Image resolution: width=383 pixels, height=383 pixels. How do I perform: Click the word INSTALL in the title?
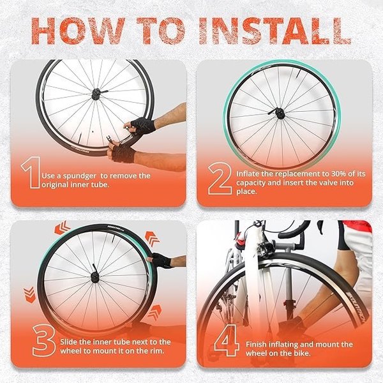(275, 31)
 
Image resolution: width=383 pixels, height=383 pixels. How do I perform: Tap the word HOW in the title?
(78, 31)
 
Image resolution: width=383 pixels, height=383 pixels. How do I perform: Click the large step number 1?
(31, 172)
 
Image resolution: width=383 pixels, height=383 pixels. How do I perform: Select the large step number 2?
(220, 179)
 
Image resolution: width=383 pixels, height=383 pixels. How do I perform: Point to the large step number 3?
(44, 340)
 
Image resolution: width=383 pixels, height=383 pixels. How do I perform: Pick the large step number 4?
(227, 340)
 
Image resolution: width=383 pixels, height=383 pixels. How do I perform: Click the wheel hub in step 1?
(96, 94)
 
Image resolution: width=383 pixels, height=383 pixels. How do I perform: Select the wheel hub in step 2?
(280, 114)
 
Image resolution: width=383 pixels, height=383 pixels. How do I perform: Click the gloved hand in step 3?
(161, 260)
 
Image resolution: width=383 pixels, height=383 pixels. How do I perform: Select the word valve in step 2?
(315, 183)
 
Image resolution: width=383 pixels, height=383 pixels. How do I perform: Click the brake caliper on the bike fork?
(266, 246)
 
